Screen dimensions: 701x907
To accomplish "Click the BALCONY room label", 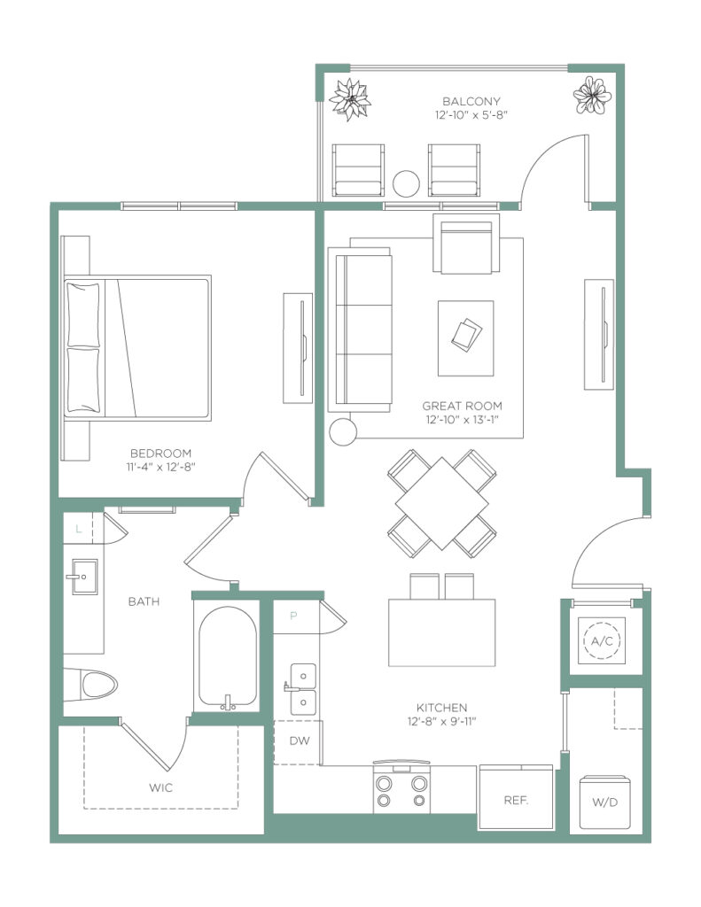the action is [x=471, y=101].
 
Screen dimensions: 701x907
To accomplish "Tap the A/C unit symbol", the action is [x=602, y=640].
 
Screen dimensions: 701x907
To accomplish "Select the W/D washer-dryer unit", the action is [x=604, y=802].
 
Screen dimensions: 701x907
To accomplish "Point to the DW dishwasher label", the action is [x=300, y=740].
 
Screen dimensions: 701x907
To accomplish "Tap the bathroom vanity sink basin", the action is [x=84, y=577].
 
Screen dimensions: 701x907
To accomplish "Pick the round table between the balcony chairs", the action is [x=406, y=184].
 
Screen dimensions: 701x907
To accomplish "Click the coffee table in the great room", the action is [x=465, y=337].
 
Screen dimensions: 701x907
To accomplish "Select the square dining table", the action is [x=441, y=503].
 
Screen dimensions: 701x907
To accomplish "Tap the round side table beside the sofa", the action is [x=343, y=431].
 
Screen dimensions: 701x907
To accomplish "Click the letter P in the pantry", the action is [x=293, y=616].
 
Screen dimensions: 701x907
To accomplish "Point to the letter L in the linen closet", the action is [x=79, y=529].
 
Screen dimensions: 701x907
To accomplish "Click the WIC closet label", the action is [x=160, y=787].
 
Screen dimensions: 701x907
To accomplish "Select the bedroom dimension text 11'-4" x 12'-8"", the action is [x=161, y=467].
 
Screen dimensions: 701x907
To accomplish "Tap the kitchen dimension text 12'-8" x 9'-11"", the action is [x=441, y=721].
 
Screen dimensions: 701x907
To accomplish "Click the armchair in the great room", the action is [x=466, y=243].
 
